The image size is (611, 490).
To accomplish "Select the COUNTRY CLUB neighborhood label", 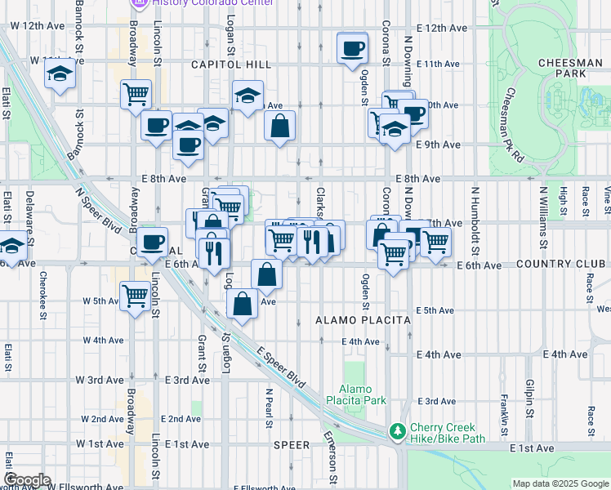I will click(562, 265).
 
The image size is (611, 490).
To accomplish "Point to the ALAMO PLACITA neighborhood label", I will click(363, 321).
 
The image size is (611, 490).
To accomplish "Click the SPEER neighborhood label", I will click(292, 445).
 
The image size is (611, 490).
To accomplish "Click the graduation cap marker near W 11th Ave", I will click(60, 75).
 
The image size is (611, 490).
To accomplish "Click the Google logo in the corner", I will click(27, 480).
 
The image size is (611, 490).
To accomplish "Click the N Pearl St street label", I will click(268, 408).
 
